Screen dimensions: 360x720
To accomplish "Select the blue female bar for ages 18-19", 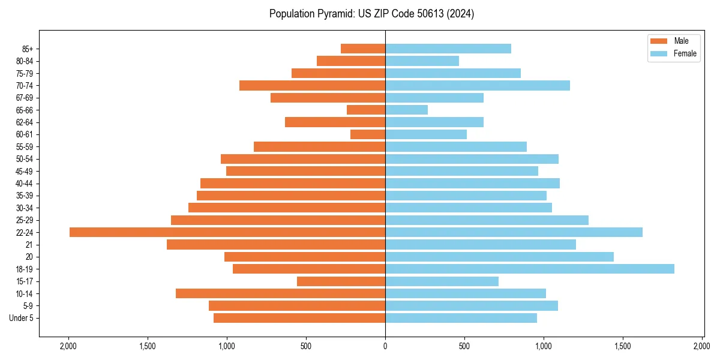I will pos(529,269).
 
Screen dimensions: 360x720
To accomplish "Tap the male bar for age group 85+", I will pos(363,49).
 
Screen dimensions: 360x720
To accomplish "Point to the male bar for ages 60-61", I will pos(368,134).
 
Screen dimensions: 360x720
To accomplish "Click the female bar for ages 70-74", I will pos(477,85).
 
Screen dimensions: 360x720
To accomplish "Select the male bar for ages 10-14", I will pos(280,293).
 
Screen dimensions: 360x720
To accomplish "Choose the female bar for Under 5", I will pos(461,318).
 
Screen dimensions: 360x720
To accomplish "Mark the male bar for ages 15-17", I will pos(341,281).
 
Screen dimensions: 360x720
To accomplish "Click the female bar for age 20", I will pos(499,257).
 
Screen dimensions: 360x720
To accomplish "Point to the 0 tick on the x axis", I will pos(385,346).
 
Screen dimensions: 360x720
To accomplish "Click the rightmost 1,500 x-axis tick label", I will pos(623,346).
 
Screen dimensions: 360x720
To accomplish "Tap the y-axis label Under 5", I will pos(21,318).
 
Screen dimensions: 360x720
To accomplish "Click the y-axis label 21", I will pos(29,245).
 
